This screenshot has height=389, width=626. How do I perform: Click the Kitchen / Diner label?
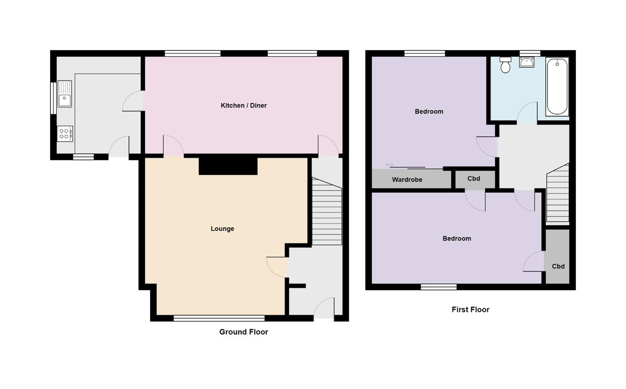click(243, 106)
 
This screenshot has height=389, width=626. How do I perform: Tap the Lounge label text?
click(222, 229)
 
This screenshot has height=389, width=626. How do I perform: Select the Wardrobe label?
click(407, 179)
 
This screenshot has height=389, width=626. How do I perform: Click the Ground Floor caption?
click(243, 332)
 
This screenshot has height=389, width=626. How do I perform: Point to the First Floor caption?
click(470, 310)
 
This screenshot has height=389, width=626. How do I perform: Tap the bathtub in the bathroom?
click(557, 87)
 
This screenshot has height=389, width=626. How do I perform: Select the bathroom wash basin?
click(527, 62)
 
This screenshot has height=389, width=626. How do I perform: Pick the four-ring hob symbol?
click(64, 134)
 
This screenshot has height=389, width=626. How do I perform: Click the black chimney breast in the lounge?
click(228, 166)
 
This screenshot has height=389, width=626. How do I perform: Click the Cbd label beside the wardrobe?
click(473, 179)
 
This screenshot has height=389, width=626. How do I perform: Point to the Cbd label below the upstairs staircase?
click(558, 267)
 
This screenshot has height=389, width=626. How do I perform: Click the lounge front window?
click(219, 318)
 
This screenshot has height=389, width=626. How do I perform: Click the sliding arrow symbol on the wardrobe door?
click(389, 165)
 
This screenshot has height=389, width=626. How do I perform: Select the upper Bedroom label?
click(429, 111)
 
